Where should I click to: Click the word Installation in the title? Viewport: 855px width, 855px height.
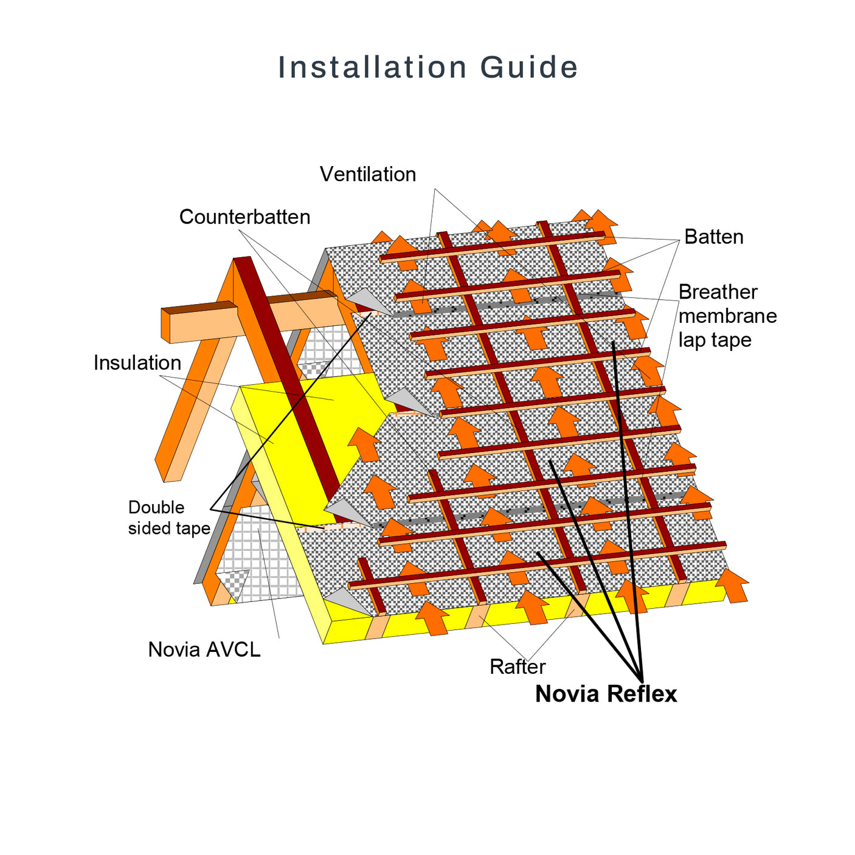tap(372, 67)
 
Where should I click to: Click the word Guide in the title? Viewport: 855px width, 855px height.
tap(528, 67)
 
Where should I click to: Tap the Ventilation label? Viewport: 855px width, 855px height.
tap(368, 175)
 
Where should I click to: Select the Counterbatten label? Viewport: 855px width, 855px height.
tap(244, 217)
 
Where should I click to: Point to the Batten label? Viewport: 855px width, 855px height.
tap(713, 237)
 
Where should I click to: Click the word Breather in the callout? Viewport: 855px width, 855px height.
tap(718, 292)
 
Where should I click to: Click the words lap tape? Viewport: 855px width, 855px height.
tap(715, 340)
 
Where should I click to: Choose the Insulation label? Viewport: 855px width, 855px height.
tap(137, 362)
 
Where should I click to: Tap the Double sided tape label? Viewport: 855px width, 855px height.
tap(168, 517)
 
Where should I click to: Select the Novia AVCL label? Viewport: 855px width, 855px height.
tap(204, 649)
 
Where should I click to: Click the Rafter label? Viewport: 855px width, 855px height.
tap(517, 666)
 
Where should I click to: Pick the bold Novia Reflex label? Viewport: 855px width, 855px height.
tap(606, 694)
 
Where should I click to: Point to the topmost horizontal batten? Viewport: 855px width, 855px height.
tap(493, 247)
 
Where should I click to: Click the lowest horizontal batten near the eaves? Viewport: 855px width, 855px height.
tap(535, 565)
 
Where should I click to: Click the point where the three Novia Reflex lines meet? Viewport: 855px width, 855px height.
tap(641, 680)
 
